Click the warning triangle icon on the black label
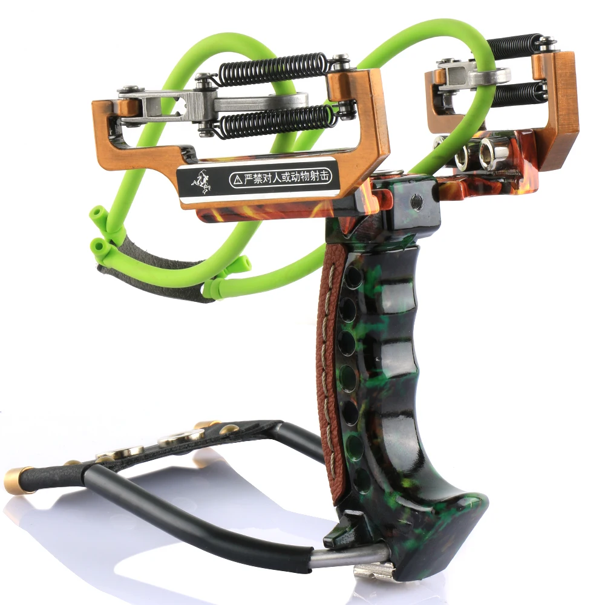point(235,179)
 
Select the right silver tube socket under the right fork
point(489,152)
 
